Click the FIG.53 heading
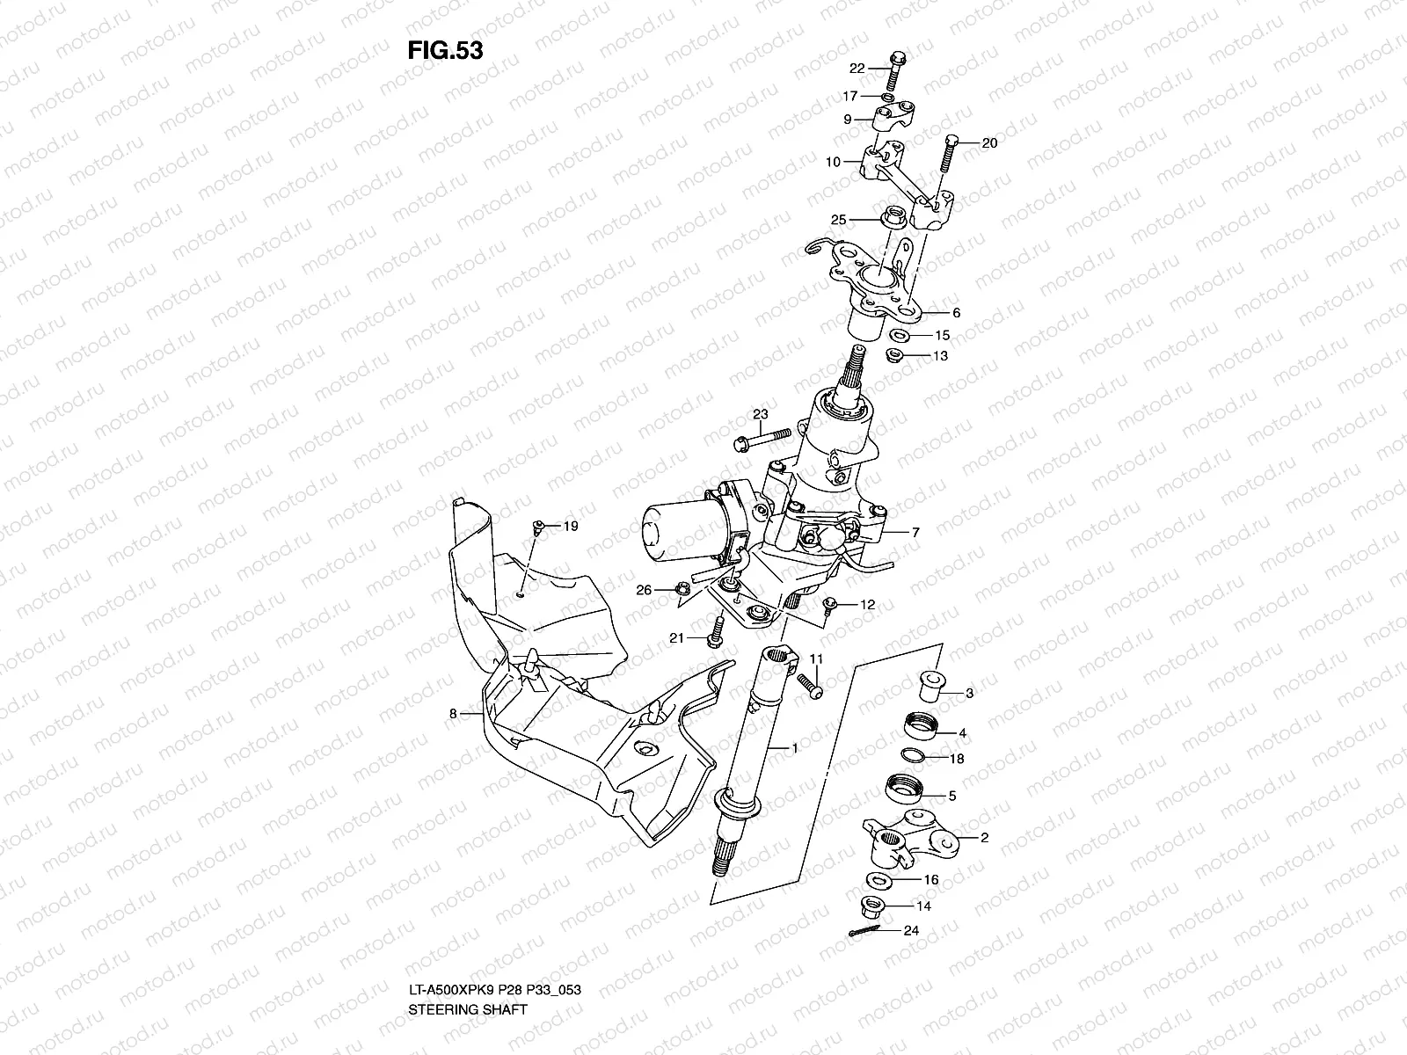point(445,51)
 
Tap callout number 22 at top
point(857,69)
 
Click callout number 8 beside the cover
point(454,714)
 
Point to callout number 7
point(915,533)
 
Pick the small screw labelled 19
point(537,529)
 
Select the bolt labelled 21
point(716,630)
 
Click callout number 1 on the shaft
point(795,748)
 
